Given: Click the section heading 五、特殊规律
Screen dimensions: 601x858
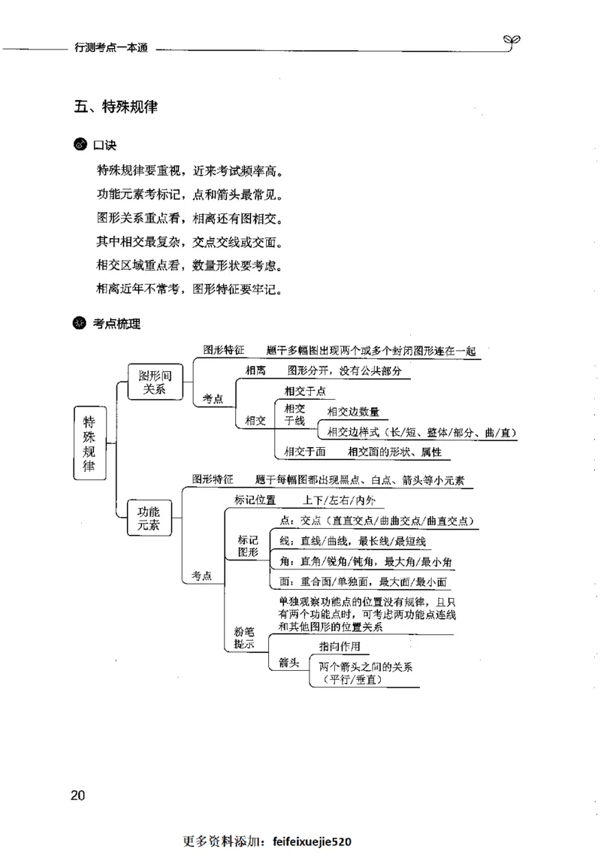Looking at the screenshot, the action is pos(116,107).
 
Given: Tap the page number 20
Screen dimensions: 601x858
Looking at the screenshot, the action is pos(79,796).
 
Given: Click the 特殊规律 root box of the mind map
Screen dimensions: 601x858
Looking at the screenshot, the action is pos(89,443).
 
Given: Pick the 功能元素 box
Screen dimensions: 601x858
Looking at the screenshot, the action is pos(149,518).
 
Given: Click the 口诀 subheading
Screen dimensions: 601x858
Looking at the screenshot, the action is pos(104,145).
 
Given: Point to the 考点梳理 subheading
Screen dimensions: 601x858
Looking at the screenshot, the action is pos(116,324).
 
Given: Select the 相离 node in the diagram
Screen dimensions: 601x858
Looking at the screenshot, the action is pos(255,370).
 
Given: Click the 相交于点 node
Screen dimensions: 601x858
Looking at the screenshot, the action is pos(304,391).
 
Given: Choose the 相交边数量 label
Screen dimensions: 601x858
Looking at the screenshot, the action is pos(353,411).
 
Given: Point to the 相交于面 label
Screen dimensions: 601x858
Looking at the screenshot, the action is pos(304,452).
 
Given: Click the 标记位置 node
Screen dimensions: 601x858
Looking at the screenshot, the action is pos(255,500).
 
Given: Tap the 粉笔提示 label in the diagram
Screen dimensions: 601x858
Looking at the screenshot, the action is pos(243,638).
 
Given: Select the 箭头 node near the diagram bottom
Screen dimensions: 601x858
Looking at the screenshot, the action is pos(289,663).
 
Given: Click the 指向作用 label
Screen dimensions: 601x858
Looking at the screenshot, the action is pos(340,646).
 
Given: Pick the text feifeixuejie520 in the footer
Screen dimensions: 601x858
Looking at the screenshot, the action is pos(315,841).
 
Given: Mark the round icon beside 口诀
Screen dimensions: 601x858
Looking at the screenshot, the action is pos(80,145).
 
